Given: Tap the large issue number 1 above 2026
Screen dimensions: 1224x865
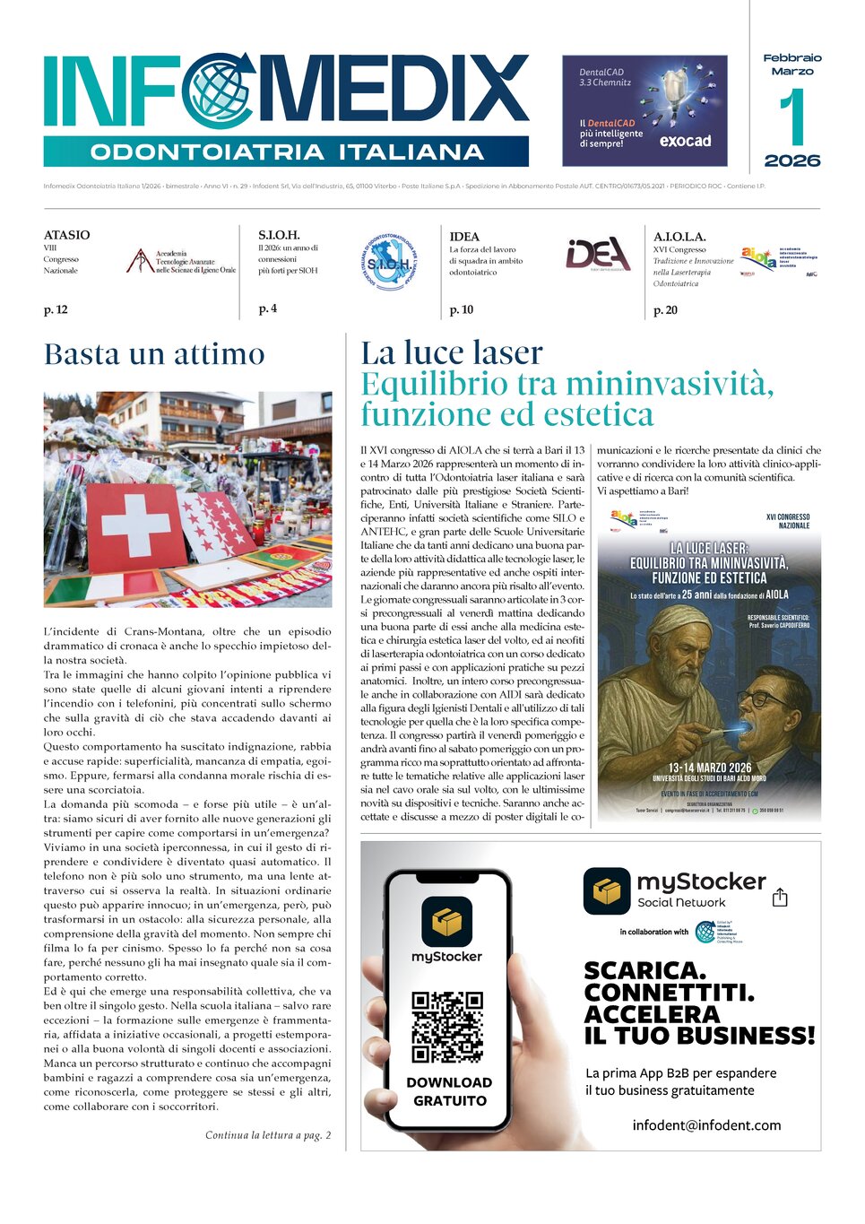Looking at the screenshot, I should pos(791,118).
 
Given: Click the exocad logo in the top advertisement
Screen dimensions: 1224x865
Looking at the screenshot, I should pos(685,141).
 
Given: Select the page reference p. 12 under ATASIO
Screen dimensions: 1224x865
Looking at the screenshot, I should pos(56,310).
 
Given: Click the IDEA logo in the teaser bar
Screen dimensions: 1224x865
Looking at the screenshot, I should pos(598,255).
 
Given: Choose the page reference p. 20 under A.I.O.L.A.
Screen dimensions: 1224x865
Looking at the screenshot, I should pos(665,310).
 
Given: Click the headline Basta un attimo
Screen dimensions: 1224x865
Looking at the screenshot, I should pos(154,354).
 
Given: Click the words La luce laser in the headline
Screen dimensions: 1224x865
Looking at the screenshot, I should pos(452,352).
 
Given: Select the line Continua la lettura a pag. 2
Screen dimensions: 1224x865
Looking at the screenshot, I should pos(268,1135).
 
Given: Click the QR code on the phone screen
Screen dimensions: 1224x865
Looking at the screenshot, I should pos(447,1027).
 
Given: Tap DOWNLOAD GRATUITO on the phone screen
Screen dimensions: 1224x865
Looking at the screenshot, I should pos(449,1091).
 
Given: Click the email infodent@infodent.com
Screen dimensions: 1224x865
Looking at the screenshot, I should pos(706,1125).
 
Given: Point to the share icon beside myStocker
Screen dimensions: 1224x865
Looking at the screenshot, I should pos(780,898).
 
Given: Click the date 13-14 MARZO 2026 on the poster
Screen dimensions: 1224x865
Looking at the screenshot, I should pos(709,768).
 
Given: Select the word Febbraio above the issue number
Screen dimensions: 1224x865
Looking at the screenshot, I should pos(792,57).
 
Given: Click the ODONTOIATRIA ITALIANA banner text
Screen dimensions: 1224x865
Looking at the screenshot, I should pos(287,152).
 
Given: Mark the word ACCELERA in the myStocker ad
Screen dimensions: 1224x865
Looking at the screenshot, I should pos(652,1014).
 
